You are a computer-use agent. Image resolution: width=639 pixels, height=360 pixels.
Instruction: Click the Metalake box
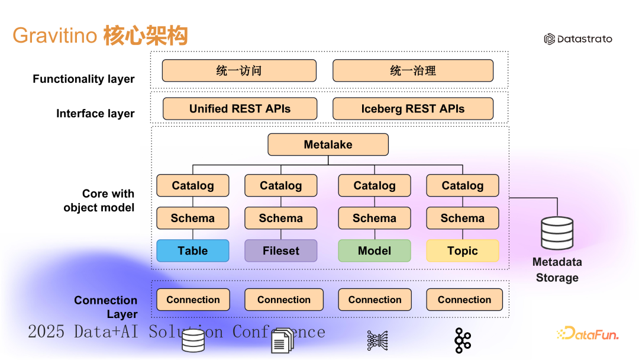[328, 144]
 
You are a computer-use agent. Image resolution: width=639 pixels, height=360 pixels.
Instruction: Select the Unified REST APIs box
[240, 108]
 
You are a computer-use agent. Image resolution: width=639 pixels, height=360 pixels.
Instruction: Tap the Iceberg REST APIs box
[412, 108]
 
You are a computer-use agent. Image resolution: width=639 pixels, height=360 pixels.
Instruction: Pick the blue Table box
[193, 250]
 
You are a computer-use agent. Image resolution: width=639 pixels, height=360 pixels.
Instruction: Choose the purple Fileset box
[280, 250]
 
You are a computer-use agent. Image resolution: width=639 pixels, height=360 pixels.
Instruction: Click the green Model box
[374, 250]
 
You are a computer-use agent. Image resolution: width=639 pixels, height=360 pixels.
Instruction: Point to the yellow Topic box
[462, 250]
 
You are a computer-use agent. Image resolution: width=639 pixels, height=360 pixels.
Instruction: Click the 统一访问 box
[239, 70]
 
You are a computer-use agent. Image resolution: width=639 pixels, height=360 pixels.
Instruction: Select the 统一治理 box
[412, 70]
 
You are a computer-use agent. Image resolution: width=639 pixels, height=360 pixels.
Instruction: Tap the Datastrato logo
[578, 39]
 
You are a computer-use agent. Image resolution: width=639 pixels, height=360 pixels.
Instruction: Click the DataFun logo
[588, 334]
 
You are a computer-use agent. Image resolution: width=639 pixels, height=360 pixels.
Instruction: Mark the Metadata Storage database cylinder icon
[557, 233]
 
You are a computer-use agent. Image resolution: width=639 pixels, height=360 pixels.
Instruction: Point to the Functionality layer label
[83, 79]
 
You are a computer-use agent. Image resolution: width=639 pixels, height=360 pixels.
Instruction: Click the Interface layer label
[95, 113]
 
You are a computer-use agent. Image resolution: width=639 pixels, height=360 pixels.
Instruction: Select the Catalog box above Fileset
[280, 185]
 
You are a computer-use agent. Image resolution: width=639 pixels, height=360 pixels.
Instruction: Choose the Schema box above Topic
[462, 218]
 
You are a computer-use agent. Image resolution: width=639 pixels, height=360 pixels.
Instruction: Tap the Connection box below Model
[375, 300]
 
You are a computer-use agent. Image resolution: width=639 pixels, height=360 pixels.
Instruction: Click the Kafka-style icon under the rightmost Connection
[462, 340]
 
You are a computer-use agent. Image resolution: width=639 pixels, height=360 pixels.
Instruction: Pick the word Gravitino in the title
[54, 36]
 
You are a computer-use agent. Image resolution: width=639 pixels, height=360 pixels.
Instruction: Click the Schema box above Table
[193, 218]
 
